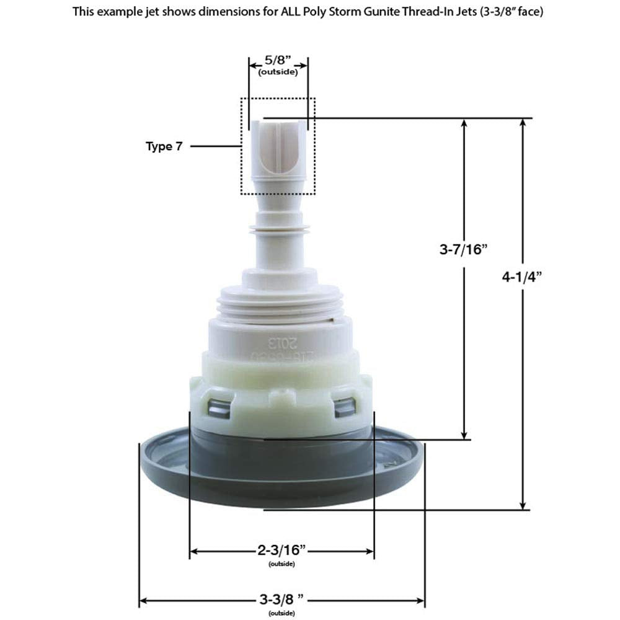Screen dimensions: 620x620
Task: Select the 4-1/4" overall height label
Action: (523, 278)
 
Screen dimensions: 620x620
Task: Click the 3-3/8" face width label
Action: (282, 600)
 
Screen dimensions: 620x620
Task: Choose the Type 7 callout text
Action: (164, 146)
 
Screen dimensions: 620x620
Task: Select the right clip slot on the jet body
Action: (344, 406)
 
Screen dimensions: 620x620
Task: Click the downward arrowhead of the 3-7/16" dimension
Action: (464, 435)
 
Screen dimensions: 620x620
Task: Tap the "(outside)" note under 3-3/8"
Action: (282, 613)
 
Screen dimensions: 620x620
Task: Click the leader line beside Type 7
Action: (215, 146)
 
